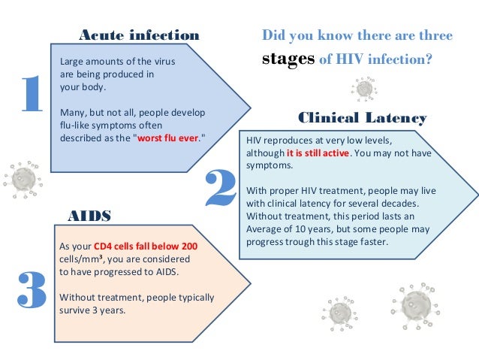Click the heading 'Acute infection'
point(139,35)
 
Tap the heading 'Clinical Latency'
point(363,118)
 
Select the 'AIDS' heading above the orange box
point(89,216)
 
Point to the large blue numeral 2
point(220,189)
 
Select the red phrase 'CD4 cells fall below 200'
point(156,246)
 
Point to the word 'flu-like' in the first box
point(76,125)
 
